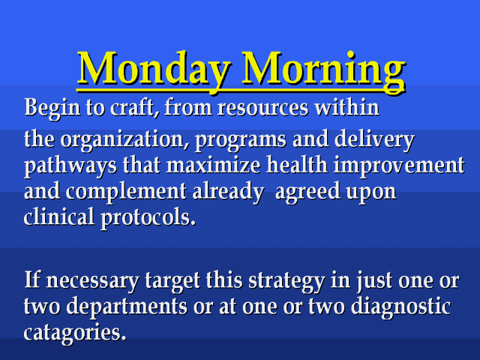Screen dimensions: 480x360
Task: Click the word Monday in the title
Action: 154,69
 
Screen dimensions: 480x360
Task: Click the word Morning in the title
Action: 324,70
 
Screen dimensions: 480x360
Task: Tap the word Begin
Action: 52,109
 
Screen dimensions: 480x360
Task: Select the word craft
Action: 135,108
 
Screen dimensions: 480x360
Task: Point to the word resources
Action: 262,109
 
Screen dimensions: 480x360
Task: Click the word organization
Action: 124,140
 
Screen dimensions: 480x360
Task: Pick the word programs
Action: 241,141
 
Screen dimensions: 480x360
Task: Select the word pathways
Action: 70,166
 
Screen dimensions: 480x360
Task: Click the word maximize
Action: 213,165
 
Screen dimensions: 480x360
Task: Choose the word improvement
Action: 399,166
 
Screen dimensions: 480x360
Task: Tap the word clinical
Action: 58,217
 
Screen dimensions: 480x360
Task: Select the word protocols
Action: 148,218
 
